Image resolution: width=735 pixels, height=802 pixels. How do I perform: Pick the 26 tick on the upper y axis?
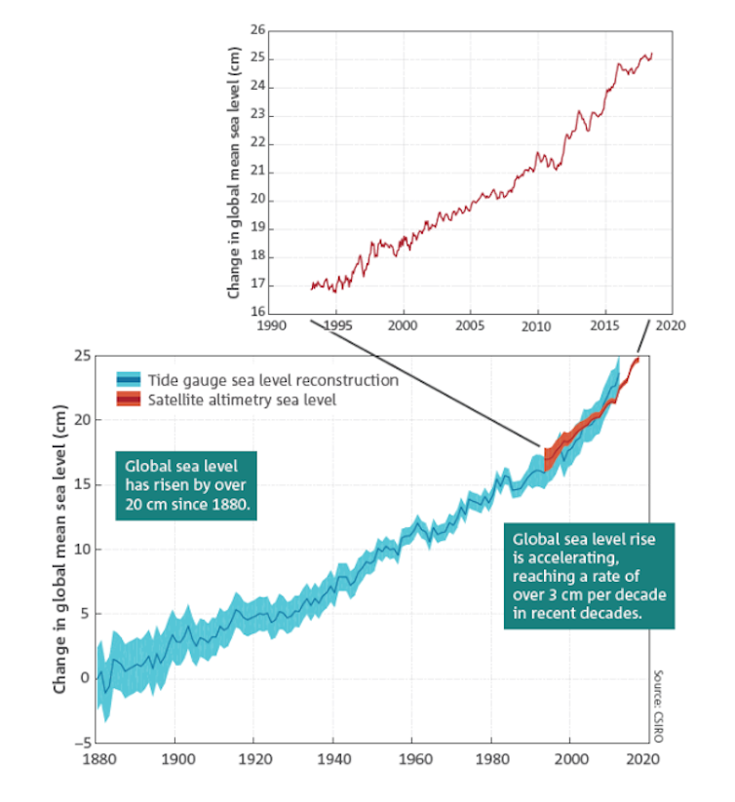(x=258, y=30)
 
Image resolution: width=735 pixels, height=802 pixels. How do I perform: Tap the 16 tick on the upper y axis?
(x=258, y=313)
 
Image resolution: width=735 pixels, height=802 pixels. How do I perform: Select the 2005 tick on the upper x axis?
(x=470, y=325)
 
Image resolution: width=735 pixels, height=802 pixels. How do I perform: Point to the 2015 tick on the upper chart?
(x=603, y=325)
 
